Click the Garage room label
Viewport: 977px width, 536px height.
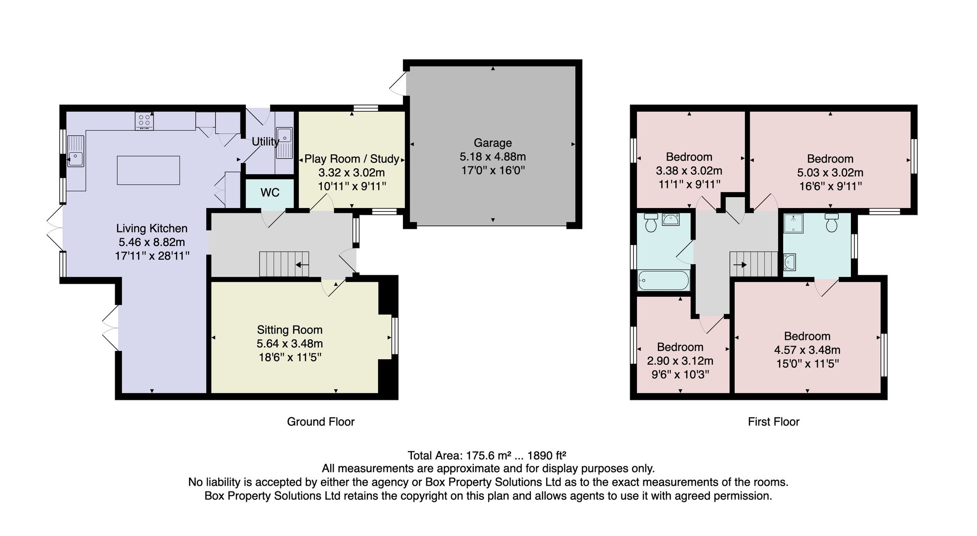(493, 143)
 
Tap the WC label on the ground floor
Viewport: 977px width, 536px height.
(270, 192)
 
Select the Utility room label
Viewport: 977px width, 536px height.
(265, 142)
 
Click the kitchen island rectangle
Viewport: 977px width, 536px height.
(149, 170)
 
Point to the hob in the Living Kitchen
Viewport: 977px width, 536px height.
(144, 121)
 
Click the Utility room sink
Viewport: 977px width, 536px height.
(284, 143)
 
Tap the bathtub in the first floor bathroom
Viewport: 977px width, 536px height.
(664, 280)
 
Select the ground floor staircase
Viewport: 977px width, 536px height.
(284, 264)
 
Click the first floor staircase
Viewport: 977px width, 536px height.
(753, 264)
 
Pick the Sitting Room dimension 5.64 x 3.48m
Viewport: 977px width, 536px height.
(290, 344)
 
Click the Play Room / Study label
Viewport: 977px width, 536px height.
(352, 159)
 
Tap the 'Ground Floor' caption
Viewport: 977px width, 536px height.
(320, 422)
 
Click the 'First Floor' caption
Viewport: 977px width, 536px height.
(773, 422)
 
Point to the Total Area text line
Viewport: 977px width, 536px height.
(487, 455)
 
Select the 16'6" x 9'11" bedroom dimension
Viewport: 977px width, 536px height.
(830, 186)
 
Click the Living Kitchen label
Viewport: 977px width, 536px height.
(151, 228)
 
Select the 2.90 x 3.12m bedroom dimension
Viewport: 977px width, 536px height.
(680, 361)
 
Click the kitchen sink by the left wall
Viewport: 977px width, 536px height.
(76, 151)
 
